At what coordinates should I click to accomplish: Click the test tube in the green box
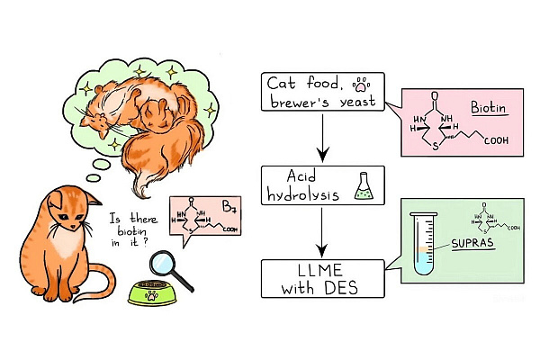tap(421, 242)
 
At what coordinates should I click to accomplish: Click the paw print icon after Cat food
tap(362, 84)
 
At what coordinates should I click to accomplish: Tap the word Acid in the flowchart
tap(289, 175)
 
